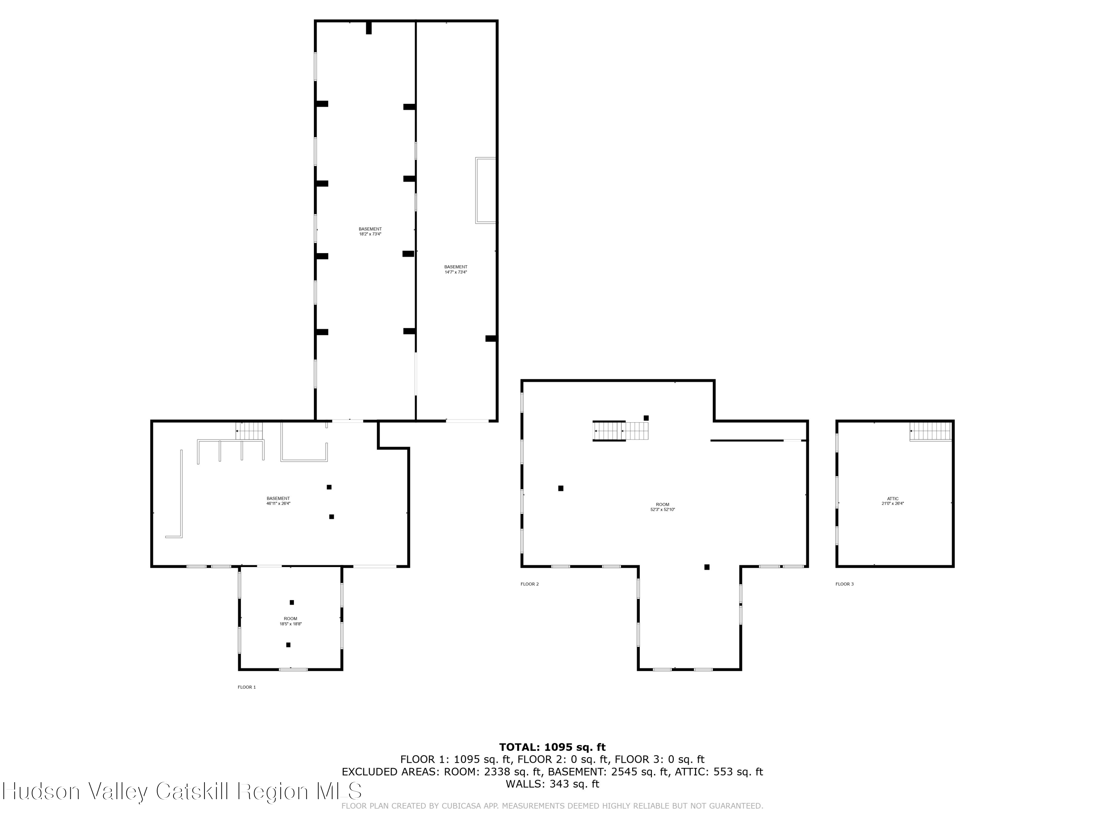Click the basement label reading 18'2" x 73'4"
pos(370,231)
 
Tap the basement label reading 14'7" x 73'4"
pos(456,269)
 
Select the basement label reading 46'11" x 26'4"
pos(278,501)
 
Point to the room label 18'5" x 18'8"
pos(290,621)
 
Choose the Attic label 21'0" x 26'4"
pos(893,501)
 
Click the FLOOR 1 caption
pos(246,687)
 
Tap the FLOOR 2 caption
pos(530,584)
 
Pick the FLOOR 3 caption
pos(844,584)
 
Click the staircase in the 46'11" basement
pos(249,431)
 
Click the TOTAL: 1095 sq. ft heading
pos(552,747)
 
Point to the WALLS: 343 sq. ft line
pos(552,784)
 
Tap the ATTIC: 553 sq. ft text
pos(718,772)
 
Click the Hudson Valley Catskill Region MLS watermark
pos(182,791)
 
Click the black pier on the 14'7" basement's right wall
pos(491,338)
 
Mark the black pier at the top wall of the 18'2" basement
pos(369,28)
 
